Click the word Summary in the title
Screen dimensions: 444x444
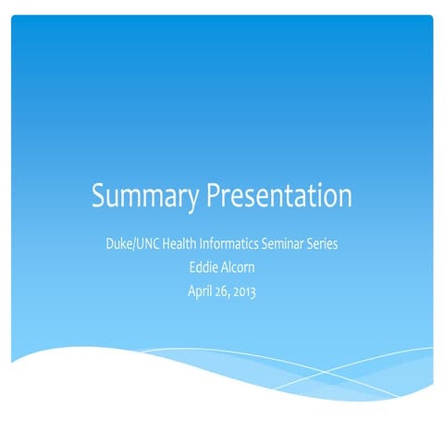[x=145, y=197]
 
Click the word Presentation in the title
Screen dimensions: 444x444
[x=278, y=197]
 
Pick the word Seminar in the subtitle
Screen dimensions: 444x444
[x=299, y=247]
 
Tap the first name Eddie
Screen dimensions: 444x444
[x=203, y=269]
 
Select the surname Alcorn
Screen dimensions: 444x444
[x=240, y=269]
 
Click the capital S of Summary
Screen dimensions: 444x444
[x=98, y=197]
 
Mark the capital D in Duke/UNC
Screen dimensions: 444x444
[x=111, y=247]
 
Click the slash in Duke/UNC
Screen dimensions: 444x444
[x=138, y=247]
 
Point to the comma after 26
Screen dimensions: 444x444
[x=232, y=296]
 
